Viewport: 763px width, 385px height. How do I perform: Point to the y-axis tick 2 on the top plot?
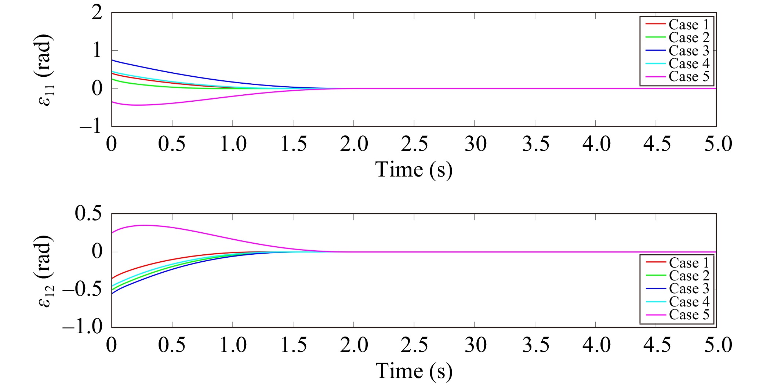pos(97,13)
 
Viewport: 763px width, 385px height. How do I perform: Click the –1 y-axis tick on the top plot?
pos(91,126)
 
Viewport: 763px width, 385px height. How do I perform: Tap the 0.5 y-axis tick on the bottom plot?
pos(88,213)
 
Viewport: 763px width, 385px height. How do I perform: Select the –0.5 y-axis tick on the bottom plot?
pos(83,290)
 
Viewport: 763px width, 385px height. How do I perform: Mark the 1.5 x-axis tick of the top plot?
pos(293,144)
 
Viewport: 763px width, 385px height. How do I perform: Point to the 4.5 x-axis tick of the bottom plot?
pos(656,345)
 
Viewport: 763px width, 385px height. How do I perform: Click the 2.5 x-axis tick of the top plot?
pos(414,144)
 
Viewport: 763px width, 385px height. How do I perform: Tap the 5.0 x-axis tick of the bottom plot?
pos(717,345)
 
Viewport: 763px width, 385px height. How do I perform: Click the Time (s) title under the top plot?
pos(414,170)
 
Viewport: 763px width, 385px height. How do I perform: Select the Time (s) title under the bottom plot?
pos(414,371)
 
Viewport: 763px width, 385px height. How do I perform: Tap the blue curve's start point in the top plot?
pos(112,60)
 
